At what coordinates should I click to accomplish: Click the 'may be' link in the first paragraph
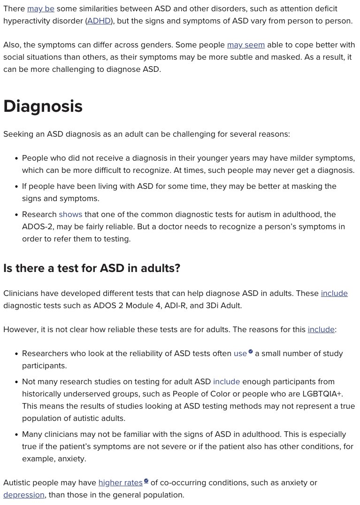tap(41, 8)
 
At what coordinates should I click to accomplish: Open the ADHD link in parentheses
tap(100, 21)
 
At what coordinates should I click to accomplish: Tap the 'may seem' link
tap(246, 45)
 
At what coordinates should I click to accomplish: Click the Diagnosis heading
tap(43, 106)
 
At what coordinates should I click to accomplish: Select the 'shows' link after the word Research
tap(70, 214)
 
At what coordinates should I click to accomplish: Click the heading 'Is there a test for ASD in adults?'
tap(92, 268)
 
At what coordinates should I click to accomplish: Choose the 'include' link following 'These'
tap(334, 293)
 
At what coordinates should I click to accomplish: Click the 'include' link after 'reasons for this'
tap(321, 329)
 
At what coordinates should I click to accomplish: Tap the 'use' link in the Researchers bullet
tap(240, 353)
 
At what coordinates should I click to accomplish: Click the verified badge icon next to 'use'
tap(251, 351)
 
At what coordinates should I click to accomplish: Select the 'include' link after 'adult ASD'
tap(226, 381)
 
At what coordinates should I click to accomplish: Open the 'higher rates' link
tap(120, 482)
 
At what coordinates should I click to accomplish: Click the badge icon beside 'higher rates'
tap(146, 481)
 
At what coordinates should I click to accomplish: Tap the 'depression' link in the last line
tap(24, 495)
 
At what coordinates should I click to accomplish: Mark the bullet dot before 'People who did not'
tap(16, 158)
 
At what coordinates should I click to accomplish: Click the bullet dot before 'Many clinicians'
tap(16, 435)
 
